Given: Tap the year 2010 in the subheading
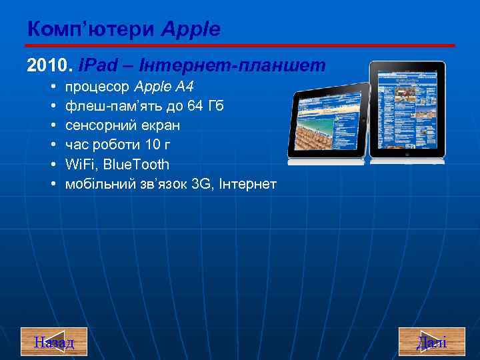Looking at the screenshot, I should (42, 65).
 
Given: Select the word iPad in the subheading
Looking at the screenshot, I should (97, 65).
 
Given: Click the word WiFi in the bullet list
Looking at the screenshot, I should (81, 164).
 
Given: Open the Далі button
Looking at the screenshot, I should (431, 343).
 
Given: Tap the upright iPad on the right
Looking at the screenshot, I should (407, 110).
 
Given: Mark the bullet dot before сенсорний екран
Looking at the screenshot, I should (53, 125).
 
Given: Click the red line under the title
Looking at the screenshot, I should (240, 45).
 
